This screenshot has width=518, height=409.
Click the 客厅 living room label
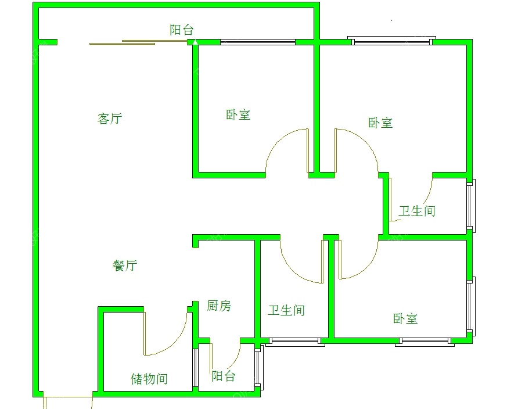[x=110, y=119]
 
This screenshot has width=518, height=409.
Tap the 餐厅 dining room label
[x=125, y=266]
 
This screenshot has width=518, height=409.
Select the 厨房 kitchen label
[x=219, y=306]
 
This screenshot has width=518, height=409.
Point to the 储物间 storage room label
[x=149, y=379]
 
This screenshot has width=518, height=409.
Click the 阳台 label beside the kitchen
[x=224, y=376]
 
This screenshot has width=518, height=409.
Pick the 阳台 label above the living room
[x=182, y=30]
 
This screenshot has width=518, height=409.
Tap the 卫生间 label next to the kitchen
[x=286, y=310]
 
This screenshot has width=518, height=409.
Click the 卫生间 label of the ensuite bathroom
[x=417, y=211]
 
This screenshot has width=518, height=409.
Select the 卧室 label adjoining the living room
[x=238, y=114]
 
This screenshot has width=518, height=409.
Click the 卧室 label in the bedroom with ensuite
[x=380, y=123]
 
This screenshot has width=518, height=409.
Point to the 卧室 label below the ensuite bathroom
[x=405, y=318]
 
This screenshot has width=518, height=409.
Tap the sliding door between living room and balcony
[x=139, y=42]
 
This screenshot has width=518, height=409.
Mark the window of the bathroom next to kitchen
[x=294, y=341]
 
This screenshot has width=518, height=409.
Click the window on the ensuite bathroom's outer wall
[x=471, y=205]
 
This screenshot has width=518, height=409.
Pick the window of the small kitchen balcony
[x=258, y=367]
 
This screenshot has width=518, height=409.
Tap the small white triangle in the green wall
[x=195, y=42]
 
